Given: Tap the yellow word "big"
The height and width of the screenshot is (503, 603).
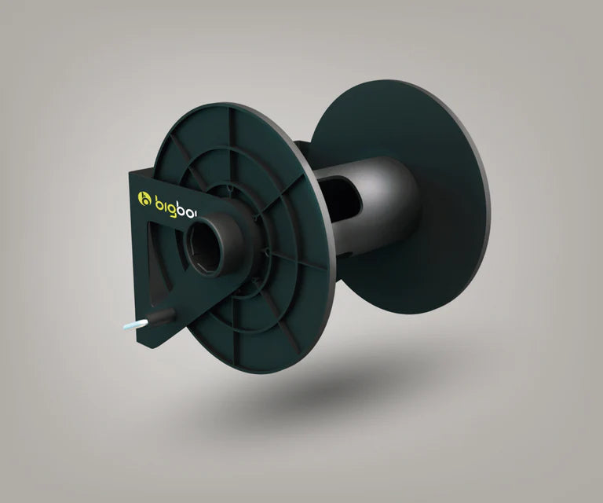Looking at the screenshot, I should (166, 200).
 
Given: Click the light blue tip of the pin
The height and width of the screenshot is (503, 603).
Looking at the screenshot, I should (128, 327).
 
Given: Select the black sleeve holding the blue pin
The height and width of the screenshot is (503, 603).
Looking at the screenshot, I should (161, 317).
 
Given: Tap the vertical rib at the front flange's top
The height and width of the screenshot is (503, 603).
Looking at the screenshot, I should (231, 130).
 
